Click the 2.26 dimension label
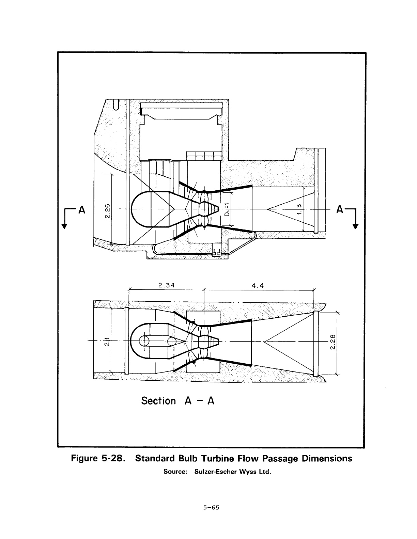coord(107,211)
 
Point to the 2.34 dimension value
coord(167,285)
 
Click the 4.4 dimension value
coord(258,286)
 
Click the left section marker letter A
coord(82,210)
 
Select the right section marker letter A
coord(340,209)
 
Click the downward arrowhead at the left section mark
coord(64,226)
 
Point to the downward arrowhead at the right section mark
coord(355,226)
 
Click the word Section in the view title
coord(158,401)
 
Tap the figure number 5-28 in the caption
coord(112,458)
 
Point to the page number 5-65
coord(211,508)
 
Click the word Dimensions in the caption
coord(327,458)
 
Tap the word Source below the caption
coord(175,472)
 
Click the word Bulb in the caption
coord(188,458)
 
